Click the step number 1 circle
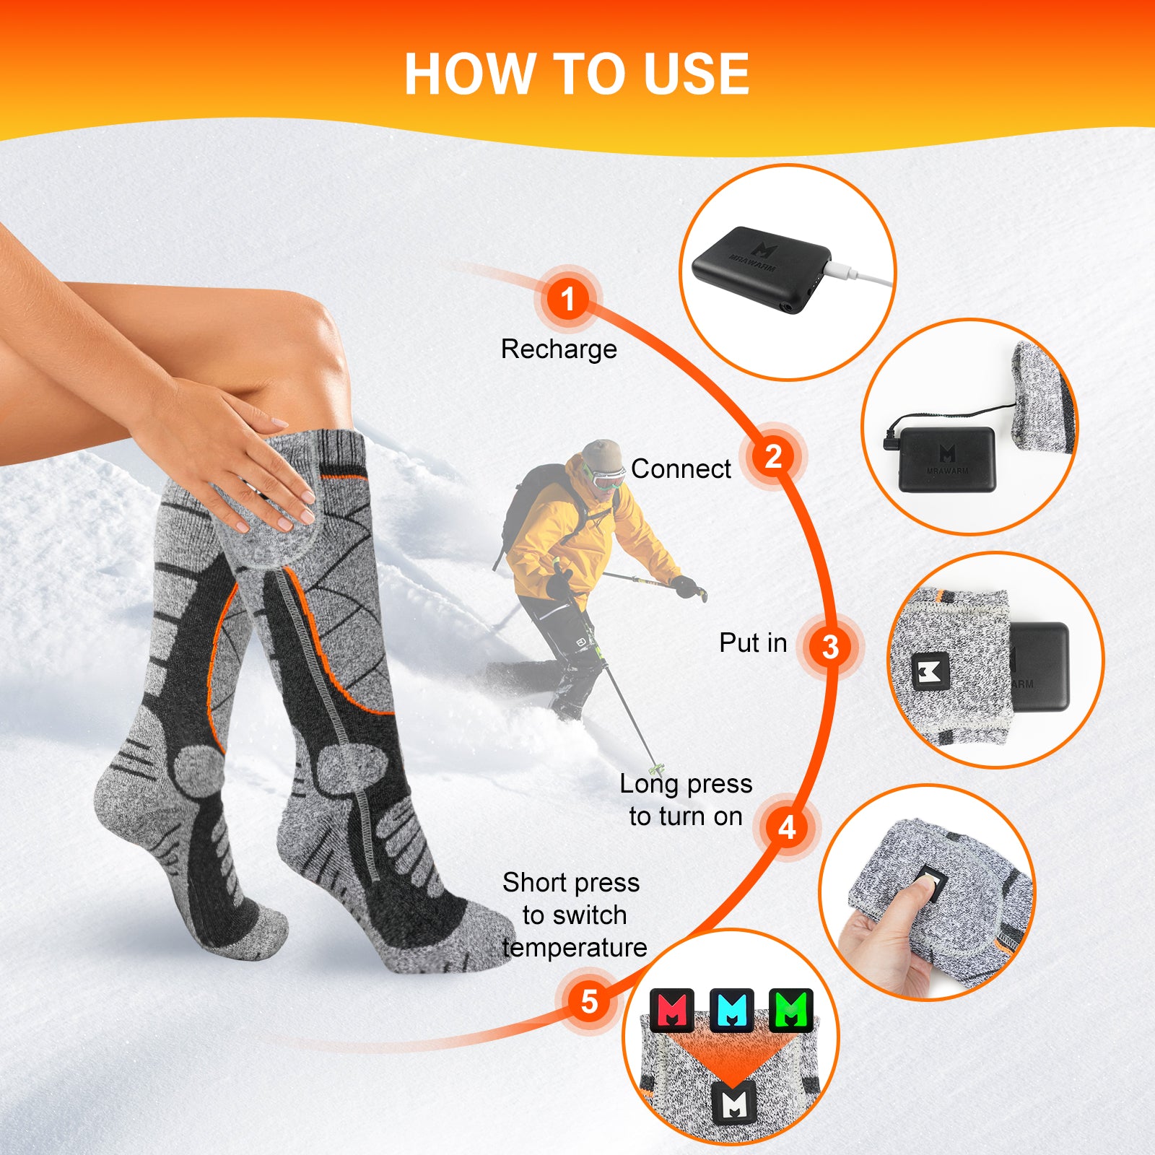click(x=568, y=298)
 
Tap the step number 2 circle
click(x=773, y=456)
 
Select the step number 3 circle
click(x=830, y=647)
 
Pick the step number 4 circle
click(x=788, y=827)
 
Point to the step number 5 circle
click(x=589, y=1001)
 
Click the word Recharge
click(x=559, y=349)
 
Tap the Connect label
click(x=681, y=469)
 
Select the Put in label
click(x=753, y=642)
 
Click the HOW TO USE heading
click(x=577, y=74)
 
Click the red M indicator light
click(x=672, y=1010)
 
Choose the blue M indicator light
click(x=732, y=1010)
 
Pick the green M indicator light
click(x=791, y=1010)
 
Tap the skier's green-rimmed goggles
click(x=605, y=476)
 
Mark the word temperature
click(x=575, y=948)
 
